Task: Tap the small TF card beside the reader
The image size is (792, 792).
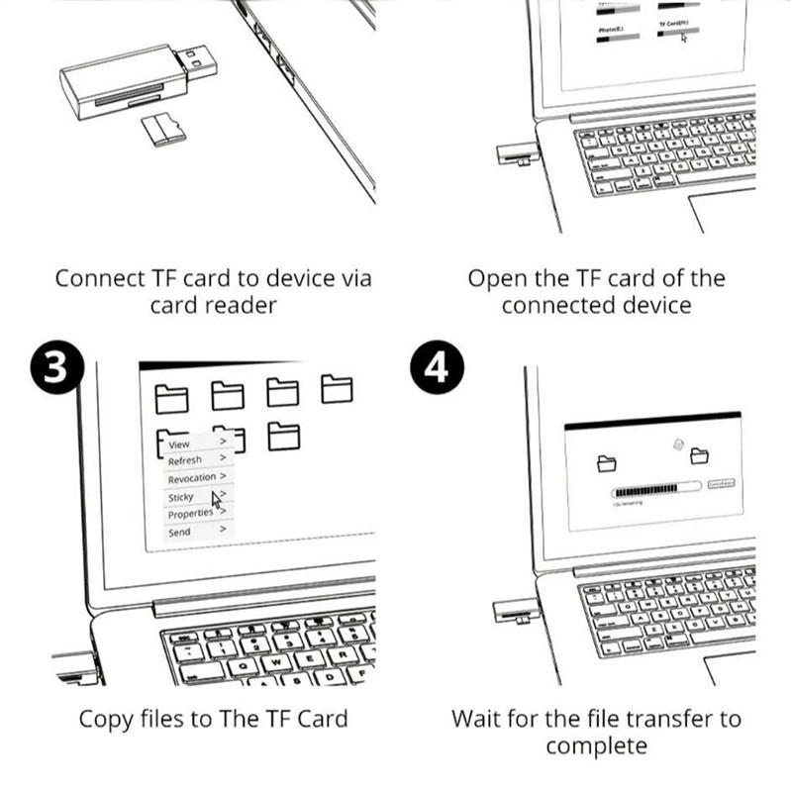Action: click(x=163, y=129)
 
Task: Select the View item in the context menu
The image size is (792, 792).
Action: click(x=179, y=445)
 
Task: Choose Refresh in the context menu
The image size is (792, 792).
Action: click(x=185, y=460)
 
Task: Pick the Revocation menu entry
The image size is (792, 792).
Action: click(x=191, y=478)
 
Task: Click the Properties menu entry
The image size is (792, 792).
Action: click(x=190, y=514)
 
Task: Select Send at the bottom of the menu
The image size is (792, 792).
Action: click(x=179, y=532)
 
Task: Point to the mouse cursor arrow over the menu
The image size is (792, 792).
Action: click(x=217, y=498)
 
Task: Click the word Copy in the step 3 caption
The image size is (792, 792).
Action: click(x=105, y=718)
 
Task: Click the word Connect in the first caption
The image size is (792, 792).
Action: click(x=97, y=278)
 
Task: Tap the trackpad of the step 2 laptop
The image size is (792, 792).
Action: click(x=728, y=210)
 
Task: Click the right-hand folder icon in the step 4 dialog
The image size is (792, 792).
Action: click(x=700, y=456)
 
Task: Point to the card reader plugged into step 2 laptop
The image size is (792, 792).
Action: click(x=514, y=154)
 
